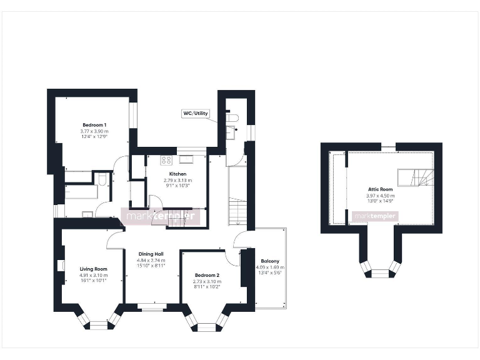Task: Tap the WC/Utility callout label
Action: pyautogui.click(x=196, y=114)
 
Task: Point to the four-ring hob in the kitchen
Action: pyautogui.click(x=166, y=159)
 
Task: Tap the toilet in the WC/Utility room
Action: pyautogui.click(x=234, y=117)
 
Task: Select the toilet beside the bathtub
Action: pyautogui.click(x=102, y=180)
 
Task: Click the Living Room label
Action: pyautogui.click(x=94, y=268)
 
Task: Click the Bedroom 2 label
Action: pyautogui.click(x=206, y=275)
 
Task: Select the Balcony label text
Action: pyautogui.click(x=270, y=261)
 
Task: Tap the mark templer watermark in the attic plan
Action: pyautogui.click(x=375, y=216)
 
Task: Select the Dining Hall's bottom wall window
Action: pyautogui.click(x=151, y=306)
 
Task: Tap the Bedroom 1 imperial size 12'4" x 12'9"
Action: pyautogui.click(x=94, y=137)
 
